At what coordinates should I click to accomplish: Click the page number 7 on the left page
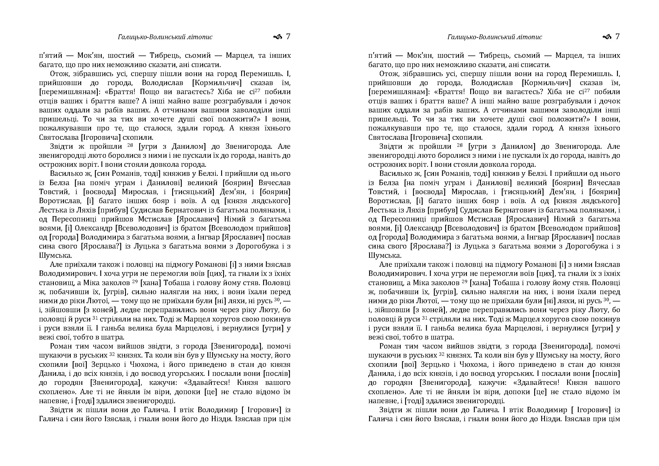(x=288, y=37)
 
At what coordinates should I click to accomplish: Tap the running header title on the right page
(x=494, y=37)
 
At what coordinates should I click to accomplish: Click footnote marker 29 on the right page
(x=464, y=281)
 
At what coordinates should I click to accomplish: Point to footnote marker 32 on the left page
(x=112, y=354)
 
